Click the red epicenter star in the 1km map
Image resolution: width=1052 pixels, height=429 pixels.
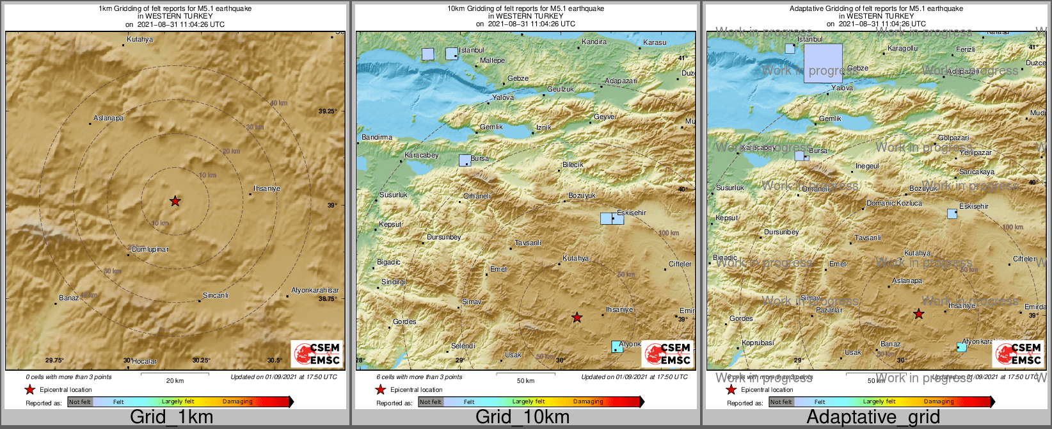(x=175, y=201)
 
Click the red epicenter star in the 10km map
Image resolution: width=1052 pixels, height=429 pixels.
(x=577, y=317)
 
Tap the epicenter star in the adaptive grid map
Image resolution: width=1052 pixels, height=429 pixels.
(x=918, y=314)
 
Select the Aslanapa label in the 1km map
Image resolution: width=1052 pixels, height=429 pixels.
(x=108, y=118)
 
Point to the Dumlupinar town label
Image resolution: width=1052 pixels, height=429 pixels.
(x=150, y=249)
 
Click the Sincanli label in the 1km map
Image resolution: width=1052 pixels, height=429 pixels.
(x=215, y=295)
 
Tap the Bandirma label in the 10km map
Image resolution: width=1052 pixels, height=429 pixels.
(x=377, y=137)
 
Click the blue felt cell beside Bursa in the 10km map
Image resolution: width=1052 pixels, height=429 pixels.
(x=465, y=160)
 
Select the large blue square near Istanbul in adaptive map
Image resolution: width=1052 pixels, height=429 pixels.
(x=822, y=63)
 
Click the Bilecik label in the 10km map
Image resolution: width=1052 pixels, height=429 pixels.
(x=573, y=165)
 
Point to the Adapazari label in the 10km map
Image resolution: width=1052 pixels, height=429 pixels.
(x=621, y=81)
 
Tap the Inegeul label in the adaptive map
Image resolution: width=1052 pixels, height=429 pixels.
(x=867, y=166)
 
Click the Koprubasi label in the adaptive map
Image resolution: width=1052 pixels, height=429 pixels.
(x=757, y=343)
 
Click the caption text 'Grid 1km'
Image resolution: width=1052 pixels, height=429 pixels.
(x=171, y=417)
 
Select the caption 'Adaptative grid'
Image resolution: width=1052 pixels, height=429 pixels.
(x=873, y=417)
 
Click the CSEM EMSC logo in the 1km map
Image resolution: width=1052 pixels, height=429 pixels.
(x=317, y=353)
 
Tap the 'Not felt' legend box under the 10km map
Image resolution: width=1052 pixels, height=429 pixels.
(x=430, y=401)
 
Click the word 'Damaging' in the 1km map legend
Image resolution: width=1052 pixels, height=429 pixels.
(x=237, y=401)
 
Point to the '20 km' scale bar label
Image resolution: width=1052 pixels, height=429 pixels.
(x=175, y=380)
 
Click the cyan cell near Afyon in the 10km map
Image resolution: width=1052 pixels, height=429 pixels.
(x=617, y=346)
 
